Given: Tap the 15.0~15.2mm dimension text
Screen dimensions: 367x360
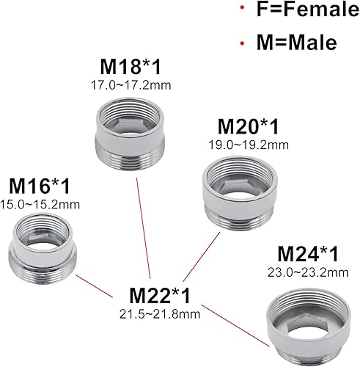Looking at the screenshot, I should click(x=39, y=203).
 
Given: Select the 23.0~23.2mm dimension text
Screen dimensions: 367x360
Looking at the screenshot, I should click(x=309, y=274).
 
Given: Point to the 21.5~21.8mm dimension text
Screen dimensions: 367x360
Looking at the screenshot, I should click(x=160, y=316).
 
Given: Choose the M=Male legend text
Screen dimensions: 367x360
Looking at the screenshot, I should click(x=292, y=43).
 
